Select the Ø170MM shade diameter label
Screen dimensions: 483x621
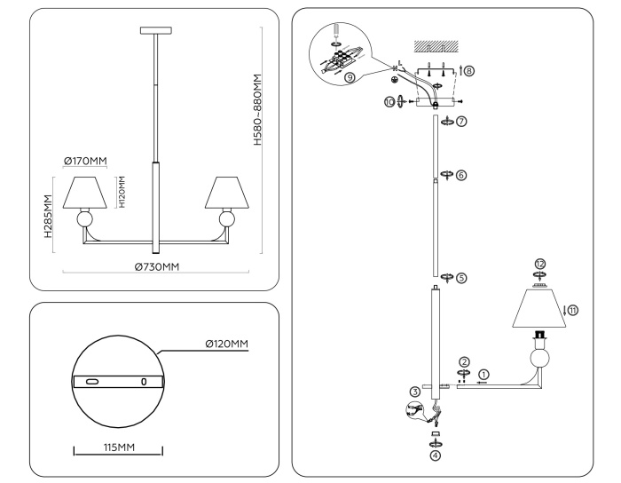click(x=85, y=161)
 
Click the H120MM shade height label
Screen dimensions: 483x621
click(x=124, y=192)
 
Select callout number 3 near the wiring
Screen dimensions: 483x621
click(x=413, y=390)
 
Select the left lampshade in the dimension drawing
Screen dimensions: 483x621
click(x=86, y=191)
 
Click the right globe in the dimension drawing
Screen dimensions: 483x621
click(x=227, y=219)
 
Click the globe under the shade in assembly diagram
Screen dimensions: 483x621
click(x=540, y=358)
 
